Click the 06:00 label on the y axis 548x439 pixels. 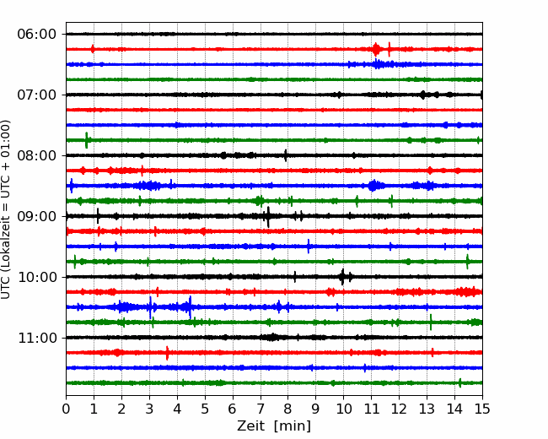click(37, 35)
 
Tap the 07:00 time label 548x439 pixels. click(37, 95)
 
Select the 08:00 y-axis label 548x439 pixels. click(37, 155)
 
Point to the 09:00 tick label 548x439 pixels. click(37, 216)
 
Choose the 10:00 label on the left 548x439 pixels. click(37, 277)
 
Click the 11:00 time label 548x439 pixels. click(37, 339)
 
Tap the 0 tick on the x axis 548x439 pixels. click(66, 409)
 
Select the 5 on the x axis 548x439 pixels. click(205, 409)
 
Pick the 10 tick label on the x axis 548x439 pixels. click(343, 409)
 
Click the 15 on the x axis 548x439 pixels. click(482, 409)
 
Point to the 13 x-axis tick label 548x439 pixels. click(427, 409)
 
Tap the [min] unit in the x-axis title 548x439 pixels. click(293, 426)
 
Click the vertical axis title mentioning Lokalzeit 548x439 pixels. click(6, 209)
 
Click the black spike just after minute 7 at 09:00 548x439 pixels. click(268, 217)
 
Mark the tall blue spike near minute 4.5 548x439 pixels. click(191, 307)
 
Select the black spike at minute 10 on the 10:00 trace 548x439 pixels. click(342, 277)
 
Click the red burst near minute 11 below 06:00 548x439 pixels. click(376, 49)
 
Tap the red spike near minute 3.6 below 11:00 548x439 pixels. click(167, 353)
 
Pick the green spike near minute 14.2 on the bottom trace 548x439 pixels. click(460, 383)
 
